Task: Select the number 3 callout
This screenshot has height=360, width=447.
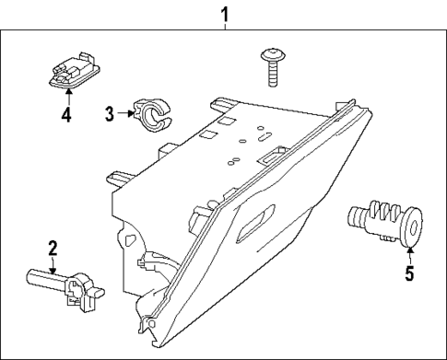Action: click(x=109, y=114)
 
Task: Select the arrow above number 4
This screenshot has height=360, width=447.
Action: click(x=65, y=99)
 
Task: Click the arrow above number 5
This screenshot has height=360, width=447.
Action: click(x=408, y=254)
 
